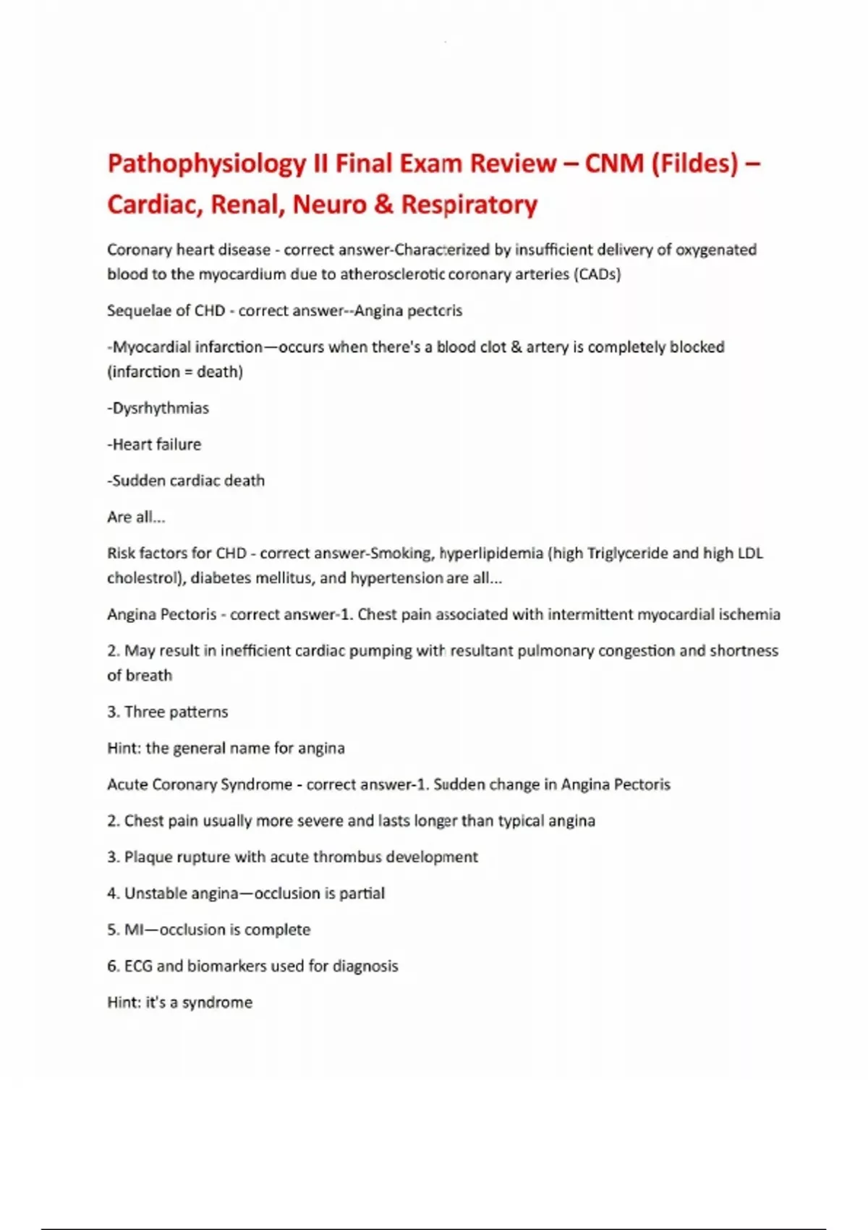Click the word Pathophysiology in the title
(x=206, y=164)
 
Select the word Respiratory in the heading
(x=469, y=205)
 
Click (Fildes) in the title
(x=695, y=164)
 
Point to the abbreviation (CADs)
(x=597, y=274)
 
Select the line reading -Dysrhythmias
(x=158, y=408)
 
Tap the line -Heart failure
(x=154, y=444)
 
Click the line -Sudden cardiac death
(x=186, y=480)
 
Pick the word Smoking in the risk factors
(x=401, y=553)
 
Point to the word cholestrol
(x=143, y=578)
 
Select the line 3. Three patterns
(x=167, y=712)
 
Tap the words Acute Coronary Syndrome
(x=200, y=784)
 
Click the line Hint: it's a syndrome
(x=180, y=1002)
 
